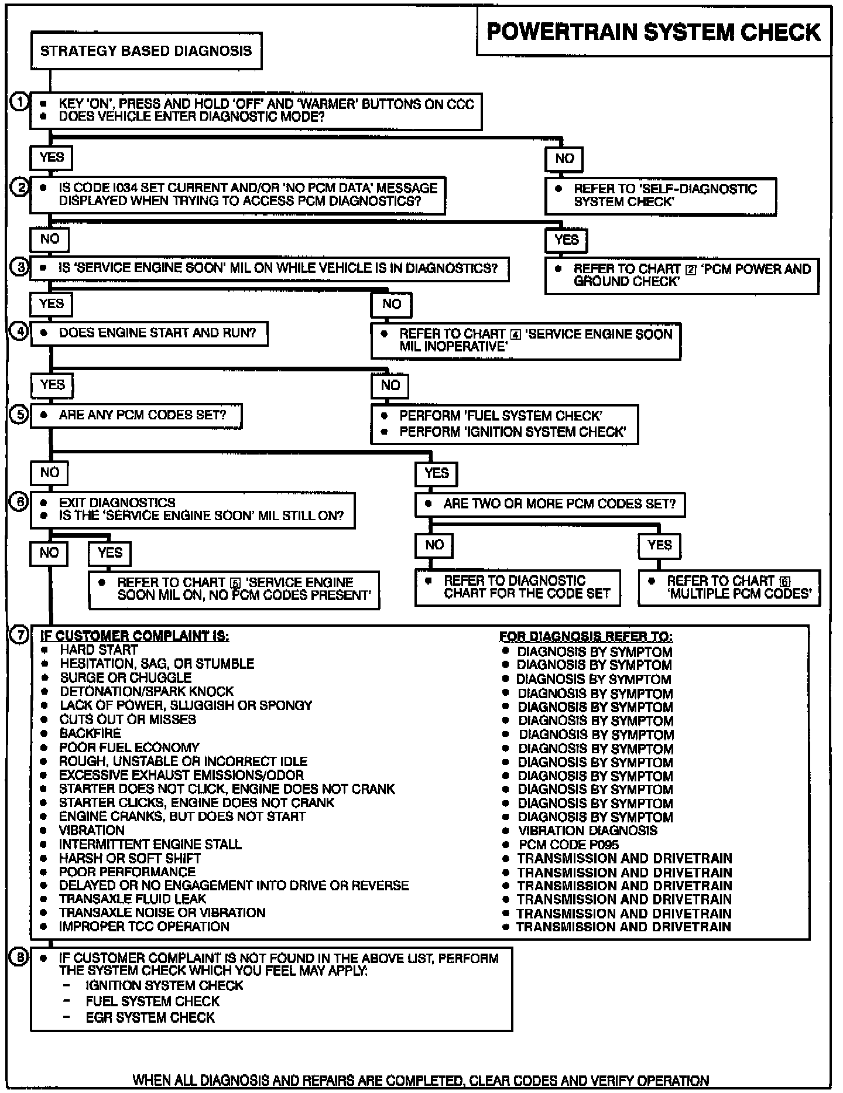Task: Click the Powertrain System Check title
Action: (x=653, y=32)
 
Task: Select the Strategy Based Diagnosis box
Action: (x=146, y=51)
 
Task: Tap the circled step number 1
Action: (x=19, y=102)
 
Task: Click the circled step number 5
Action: (x=19, y=415)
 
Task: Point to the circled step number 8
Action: (x=19, y=958)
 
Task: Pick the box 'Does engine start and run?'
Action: (x=149, y=333)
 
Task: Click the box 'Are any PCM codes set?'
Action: (x=136, y=415)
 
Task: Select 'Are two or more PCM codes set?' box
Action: (x=550, y=504)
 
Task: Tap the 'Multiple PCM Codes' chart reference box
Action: (x=729, y=588)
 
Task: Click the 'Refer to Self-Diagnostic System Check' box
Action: (x=660, y=196)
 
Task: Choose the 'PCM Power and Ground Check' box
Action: (x=681, y=275)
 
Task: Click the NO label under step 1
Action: (x=564, y=158)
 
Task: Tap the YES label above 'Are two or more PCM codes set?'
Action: (x=437, y=473)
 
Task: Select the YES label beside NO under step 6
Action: (x=110, y=553)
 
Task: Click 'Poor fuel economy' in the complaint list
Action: (x=129, y=747)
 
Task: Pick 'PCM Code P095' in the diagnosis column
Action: (x=568, y=845)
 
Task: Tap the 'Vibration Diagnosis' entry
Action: (x=588, y=831)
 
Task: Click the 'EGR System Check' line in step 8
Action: (x=150, y=1017)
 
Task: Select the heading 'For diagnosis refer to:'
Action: (x=586, y=637)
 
